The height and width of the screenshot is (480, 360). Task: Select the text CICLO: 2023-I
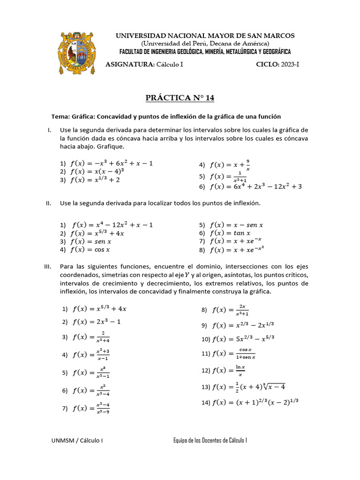pyautogui.click(x=277, y=64)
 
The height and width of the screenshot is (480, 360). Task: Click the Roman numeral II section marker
pyautogui.click(x=48, y=203)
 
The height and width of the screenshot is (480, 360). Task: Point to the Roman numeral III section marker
pyautogui.click(x=47, y=266)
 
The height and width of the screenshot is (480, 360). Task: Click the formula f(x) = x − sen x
pyautogui.click(x=237, y=225)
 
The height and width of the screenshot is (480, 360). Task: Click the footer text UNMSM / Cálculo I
pyautogui.click(x=77, y=440)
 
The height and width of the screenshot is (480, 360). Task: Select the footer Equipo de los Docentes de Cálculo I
pyautogui.click(x=210, y=440)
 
